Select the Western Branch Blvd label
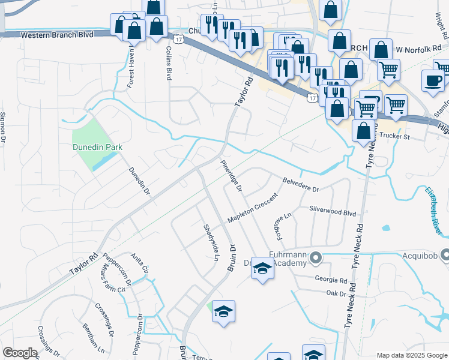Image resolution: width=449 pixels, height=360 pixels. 57,35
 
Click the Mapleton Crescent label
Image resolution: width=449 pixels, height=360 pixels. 253,209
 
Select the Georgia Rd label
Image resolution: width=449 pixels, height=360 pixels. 331,280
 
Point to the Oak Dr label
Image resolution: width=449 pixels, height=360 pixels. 332,293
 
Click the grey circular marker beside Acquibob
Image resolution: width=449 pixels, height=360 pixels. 444,254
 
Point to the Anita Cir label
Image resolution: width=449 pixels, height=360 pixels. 139,263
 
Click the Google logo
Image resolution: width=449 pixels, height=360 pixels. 20,353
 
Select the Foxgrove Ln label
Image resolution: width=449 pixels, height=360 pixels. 283,223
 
